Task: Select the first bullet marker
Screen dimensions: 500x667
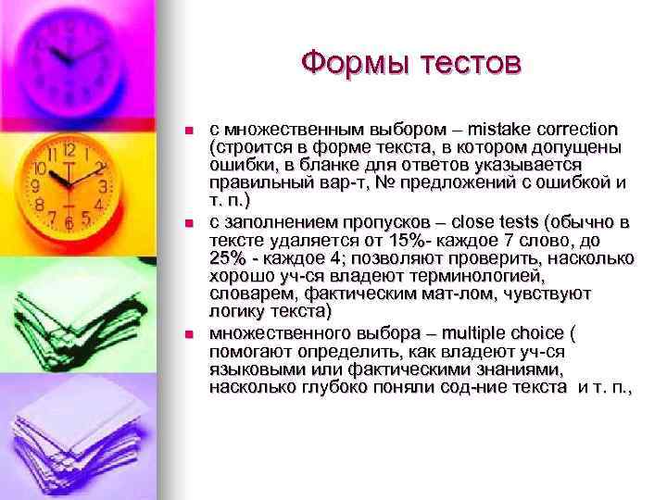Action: (x=189, y=130)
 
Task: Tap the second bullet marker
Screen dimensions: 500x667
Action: (x=189, y=223)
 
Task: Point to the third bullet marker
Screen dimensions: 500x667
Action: (x=189, y=333)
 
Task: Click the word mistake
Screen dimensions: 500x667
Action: (x=507, y=129)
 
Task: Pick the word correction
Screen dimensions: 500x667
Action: (x=582, y=129)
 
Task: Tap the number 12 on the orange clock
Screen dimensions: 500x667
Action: (x=69, y=149)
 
